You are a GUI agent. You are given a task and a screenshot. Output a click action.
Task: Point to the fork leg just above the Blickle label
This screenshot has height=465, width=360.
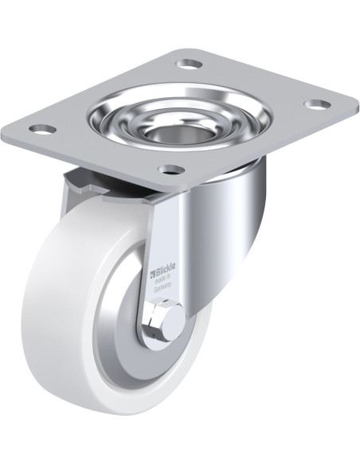coord(163,223)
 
